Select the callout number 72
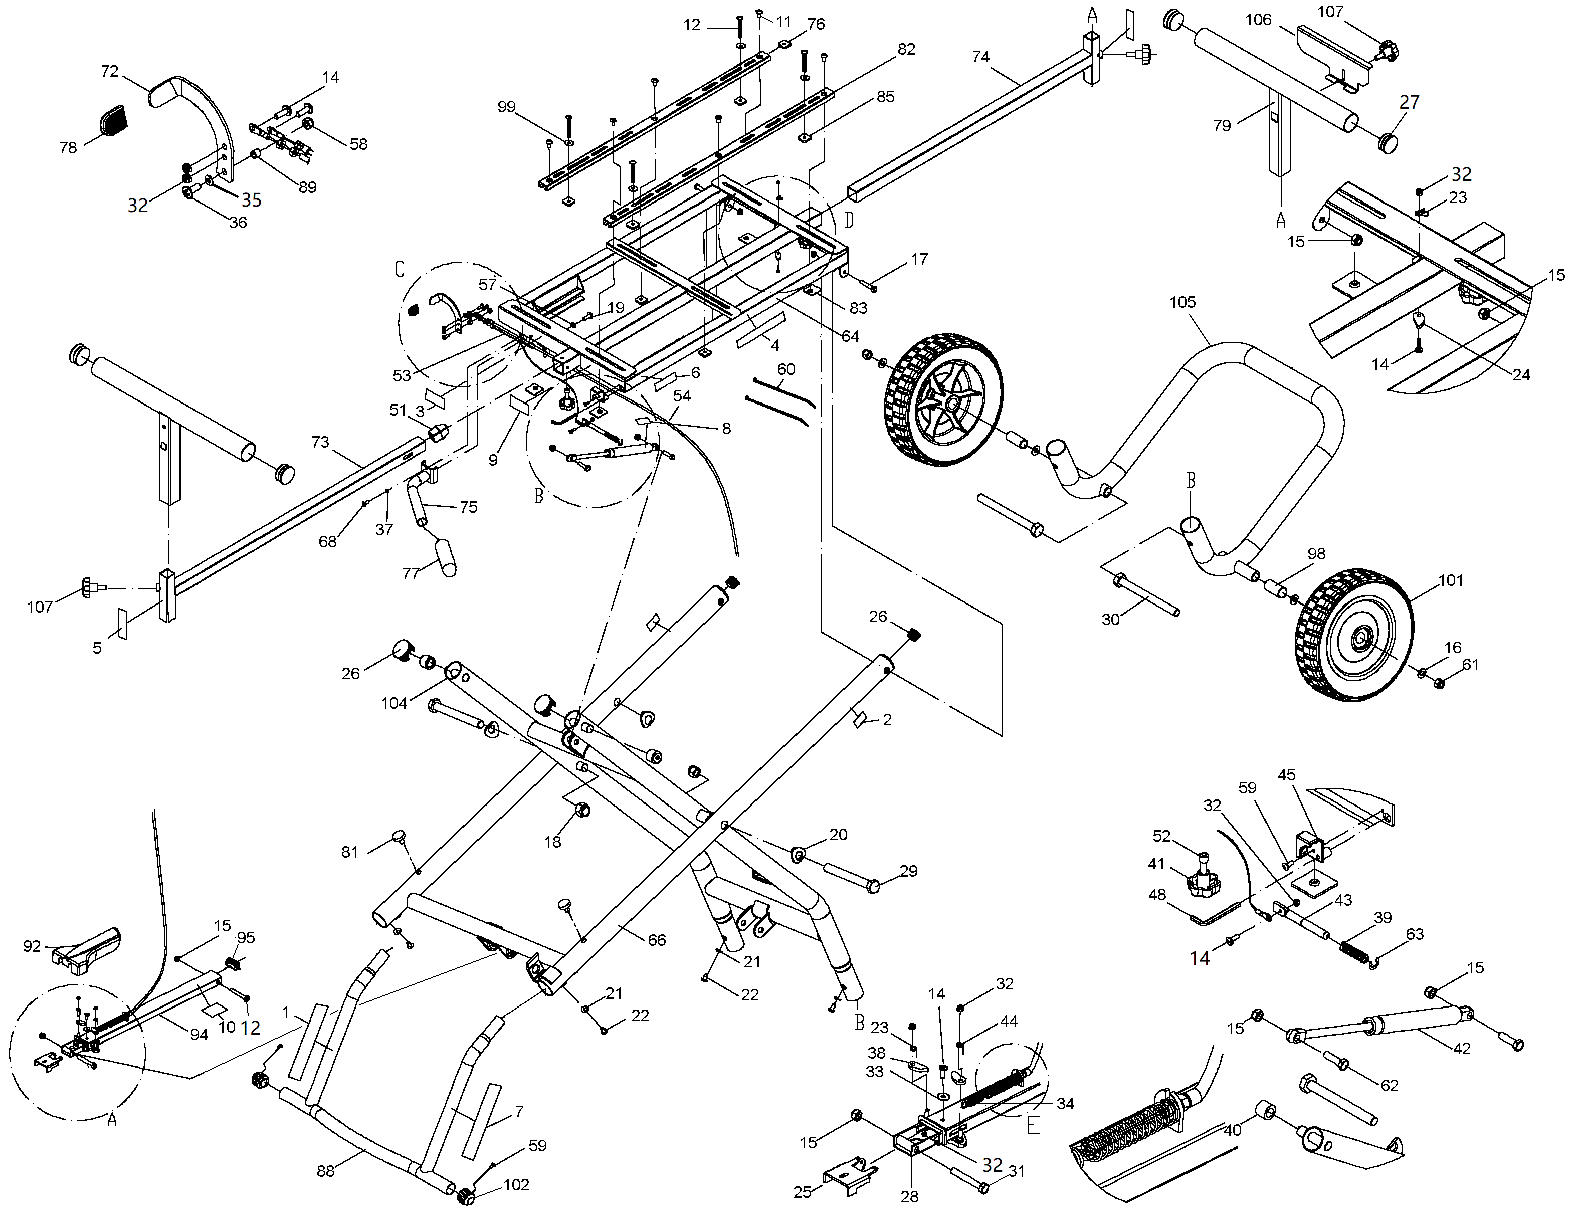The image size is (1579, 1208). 109,71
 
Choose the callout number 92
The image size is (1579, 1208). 32,946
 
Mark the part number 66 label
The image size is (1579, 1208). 657,940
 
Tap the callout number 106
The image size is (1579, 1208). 1258,20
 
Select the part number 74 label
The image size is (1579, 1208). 981,56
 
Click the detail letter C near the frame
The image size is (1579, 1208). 400,269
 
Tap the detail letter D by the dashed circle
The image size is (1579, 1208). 849,220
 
